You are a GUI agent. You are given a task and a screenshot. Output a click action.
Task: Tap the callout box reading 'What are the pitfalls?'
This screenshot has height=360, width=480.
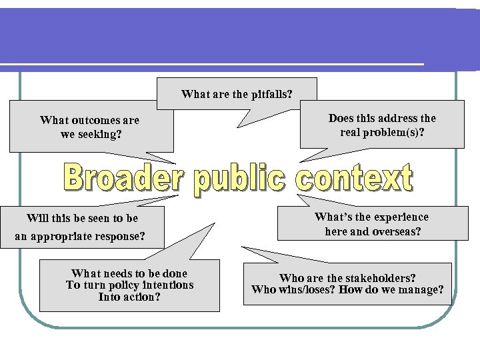tap(237, 93)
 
